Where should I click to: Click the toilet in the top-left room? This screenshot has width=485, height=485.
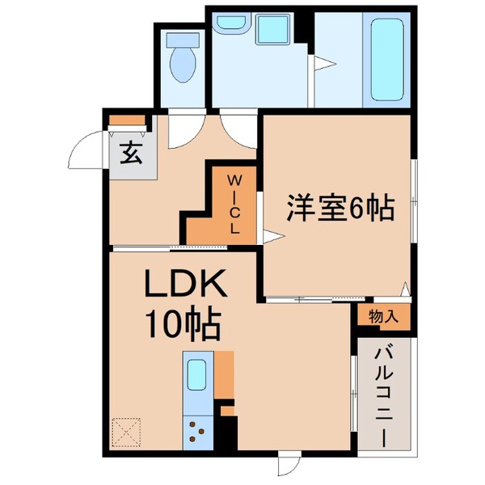pos(183,57)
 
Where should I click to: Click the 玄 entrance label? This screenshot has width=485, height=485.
pos(130,152)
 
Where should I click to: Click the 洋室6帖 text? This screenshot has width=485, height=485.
pos(338,210)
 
